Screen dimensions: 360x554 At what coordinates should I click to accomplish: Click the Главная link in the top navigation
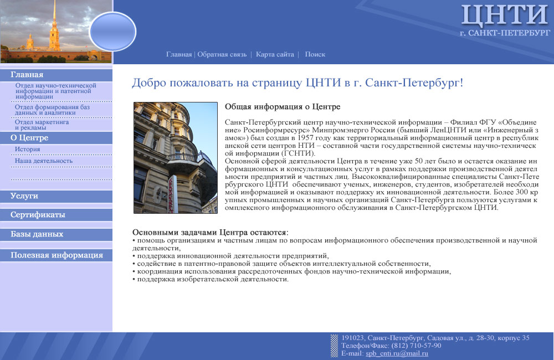[x=178, y=54]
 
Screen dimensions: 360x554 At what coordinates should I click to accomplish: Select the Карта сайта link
[x=275, y=54]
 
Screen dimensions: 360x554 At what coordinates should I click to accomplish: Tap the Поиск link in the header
[x=315, y=54]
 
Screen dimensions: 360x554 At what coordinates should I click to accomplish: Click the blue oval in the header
[x=112, y=31]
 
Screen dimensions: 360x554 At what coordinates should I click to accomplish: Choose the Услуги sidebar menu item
[x=24, y=196]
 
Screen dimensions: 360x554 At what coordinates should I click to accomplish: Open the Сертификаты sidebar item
[x=38, y=215]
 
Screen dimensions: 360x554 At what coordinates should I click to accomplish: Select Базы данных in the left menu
[x=37, y=234]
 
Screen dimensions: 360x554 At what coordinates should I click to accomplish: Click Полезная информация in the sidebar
[x=57, y=255]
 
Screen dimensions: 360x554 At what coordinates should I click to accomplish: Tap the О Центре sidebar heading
[x=29, y=138]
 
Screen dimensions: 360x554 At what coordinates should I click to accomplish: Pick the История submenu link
[x=27, y=150]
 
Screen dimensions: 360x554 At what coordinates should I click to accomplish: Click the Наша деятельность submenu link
[x=44, y=161]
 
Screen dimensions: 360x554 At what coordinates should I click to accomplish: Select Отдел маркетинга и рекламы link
[x=42, y=125]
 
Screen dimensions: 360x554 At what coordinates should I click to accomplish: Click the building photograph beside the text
[x=175, y=157]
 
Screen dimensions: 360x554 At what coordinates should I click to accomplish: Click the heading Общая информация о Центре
[x=282, y=106]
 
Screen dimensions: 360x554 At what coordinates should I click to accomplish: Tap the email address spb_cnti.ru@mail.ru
[x=397, y=353]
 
